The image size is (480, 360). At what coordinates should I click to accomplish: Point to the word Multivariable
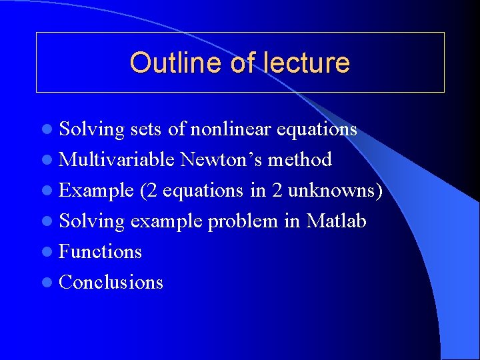(117, 159)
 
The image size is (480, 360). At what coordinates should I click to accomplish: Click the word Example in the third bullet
(96, 191)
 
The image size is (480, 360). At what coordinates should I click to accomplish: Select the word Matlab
(336, 221)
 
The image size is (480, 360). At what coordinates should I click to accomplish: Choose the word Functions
(100, 251)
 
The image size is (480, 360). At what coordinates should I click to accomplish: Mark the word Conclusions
(111, 282)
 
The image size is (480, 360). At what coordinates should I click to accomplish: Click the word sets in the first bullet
(146, 129)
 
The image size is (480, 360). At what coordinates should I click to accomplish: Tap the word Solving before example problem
(91, 222)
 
